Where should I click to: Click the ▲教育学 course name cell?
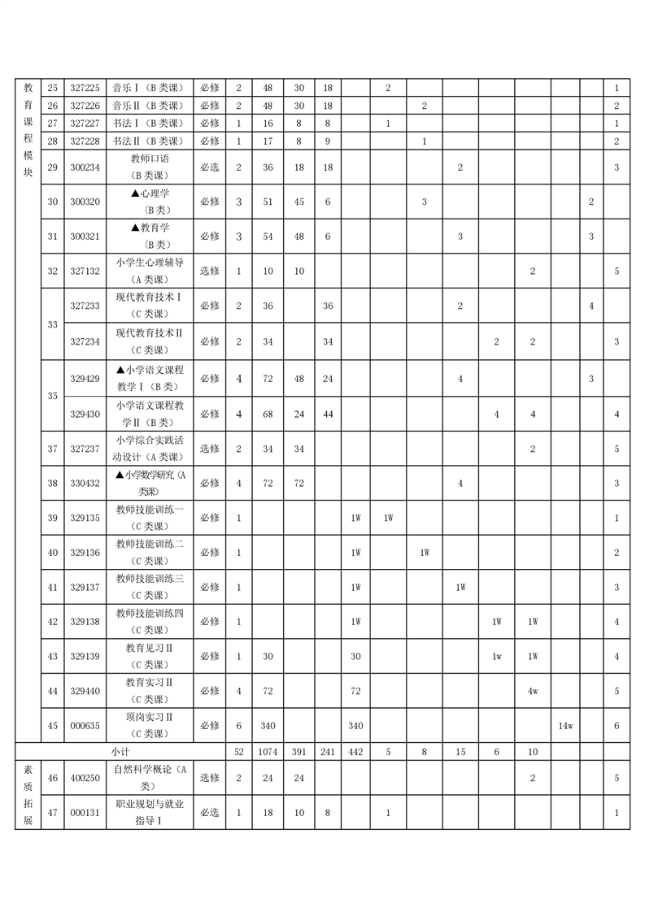pyautogui.click(x=150, y=236)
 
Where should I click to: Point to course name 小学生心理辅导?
pyautogui.click(x=150, y=271)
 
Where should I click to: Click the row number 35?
pyautogui.click(x=52, y=396)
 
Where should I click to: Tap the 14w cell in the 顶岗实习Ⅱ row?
pyautogui.click(x=565, y=726)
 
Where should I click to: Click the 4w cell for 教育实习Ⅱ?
pyautogui.click(x=533, y=691)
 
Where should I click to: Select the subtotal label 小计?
pyautogui.click(x=120, y=752)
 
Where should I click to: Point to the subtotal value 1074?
pyautogui.click(x=268, y=752)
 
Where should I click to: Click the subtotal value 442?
pyautogui.click(x=355, y=752)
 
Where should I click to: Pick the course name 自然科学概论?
pyautogui.click(x=150, y=778)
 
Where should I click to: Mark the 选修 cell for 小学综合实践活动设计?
pyautogui.click(x=209, y=448)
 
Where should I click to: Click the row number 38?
pyautogui.click(x=52, y=483)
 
